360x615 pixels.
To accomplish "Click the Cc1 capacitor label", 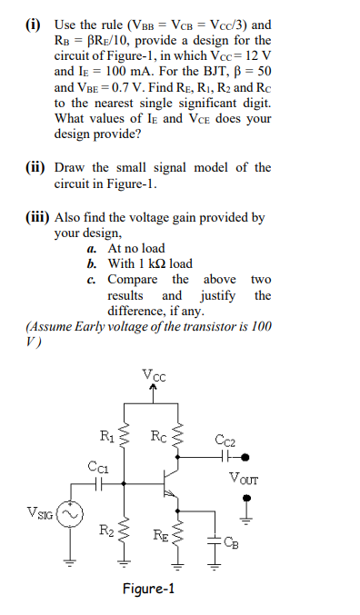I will click(96, 467).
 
